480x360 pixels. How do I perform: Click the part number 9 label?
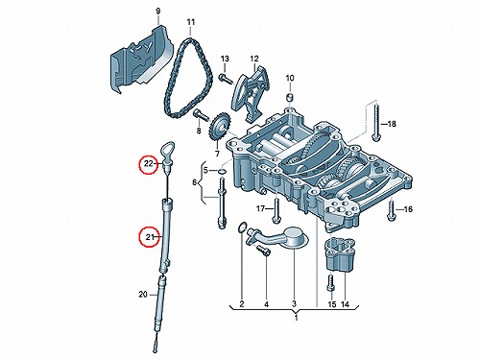click(x=158, y=12)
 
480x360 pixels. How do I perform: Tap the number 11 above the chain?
click(x=190, y=22)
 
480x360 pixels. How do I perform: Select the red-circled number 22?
click(x=149, y=164)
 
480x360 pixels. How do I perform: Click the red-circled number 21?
click(x=150, y=237)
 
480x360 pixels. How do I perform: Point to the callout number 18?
click(x=392, y=124)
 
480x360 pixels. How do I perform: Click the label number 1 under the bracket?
click(x=296, y=319)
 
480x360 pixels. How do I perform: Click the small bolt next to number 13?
click(x=226, y=79)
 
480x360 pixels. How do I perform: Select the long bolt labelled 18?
click(x=376, y=123)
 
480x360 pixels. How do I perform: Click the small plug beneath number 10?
click(x=290, y=97)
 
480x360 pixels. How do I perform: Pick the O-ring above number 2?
click(x=243, y=228)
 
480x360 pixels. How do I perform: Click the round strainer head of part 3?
click(x=296, y=237)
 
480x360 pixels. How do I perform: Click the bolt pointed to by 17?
click(x=276, y=210)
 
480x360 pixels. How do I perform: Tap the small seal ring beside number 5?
click(x=222, y=172)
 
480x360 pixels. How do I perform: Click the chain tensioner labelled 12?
click(x=252, y=94)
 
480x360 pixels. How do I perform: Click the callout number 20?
click(x=143, y=294)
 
